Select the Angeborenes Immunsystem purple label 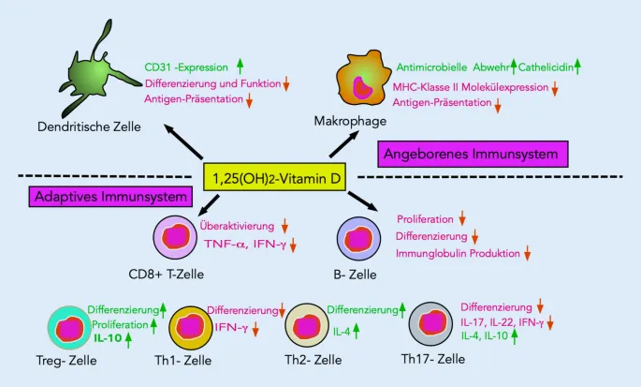473,153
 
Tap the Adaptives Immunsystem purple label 110,198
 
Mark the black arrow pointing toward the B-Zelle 361,200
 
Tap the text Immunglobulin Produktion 458,253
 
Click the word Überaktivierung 237,227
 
